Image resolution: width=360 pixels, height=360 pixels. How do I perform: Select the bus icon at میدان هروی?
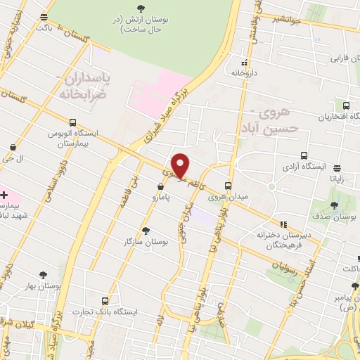tap(227, 186)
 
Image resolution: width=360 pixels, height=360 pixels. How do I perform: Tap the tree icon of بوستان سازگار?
tap(146, 231)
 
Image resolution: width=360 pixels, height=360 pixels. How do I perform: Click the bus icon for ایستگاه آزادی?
tap(304, 155)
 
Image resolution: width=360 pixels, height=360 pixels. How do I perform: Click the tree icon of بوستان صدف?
tap(334, 205)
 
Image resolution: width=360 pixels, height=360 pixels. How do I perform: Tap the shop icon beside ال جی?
tap(13, 148)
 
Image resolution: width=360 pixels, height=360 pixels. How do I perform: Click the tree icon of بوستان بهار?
tap(44, 276)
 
